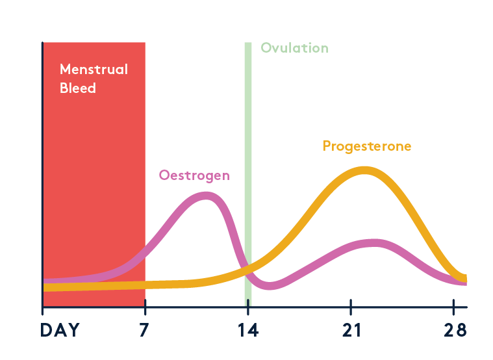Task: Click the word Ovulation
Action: (294, 48)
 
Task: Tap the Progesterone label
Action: (367, 146)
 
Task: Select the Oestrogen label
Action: (194, 175)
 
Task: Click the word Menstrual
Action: (94, 69)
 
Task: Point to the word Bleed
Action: (78, 88)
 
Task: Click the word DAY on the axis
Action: (60, 330)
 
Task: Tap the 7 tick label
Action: (144, 330)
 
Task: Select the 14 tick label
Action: (247, 330)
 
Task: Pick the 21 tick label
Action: (351, 330)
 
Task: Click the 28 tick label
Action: (455, 330)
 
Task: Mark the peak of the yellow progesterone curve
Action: (364, 170)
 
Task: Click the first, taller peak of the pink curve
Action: (207, 195)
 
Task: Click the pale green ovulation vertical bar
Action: (247, 162)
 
